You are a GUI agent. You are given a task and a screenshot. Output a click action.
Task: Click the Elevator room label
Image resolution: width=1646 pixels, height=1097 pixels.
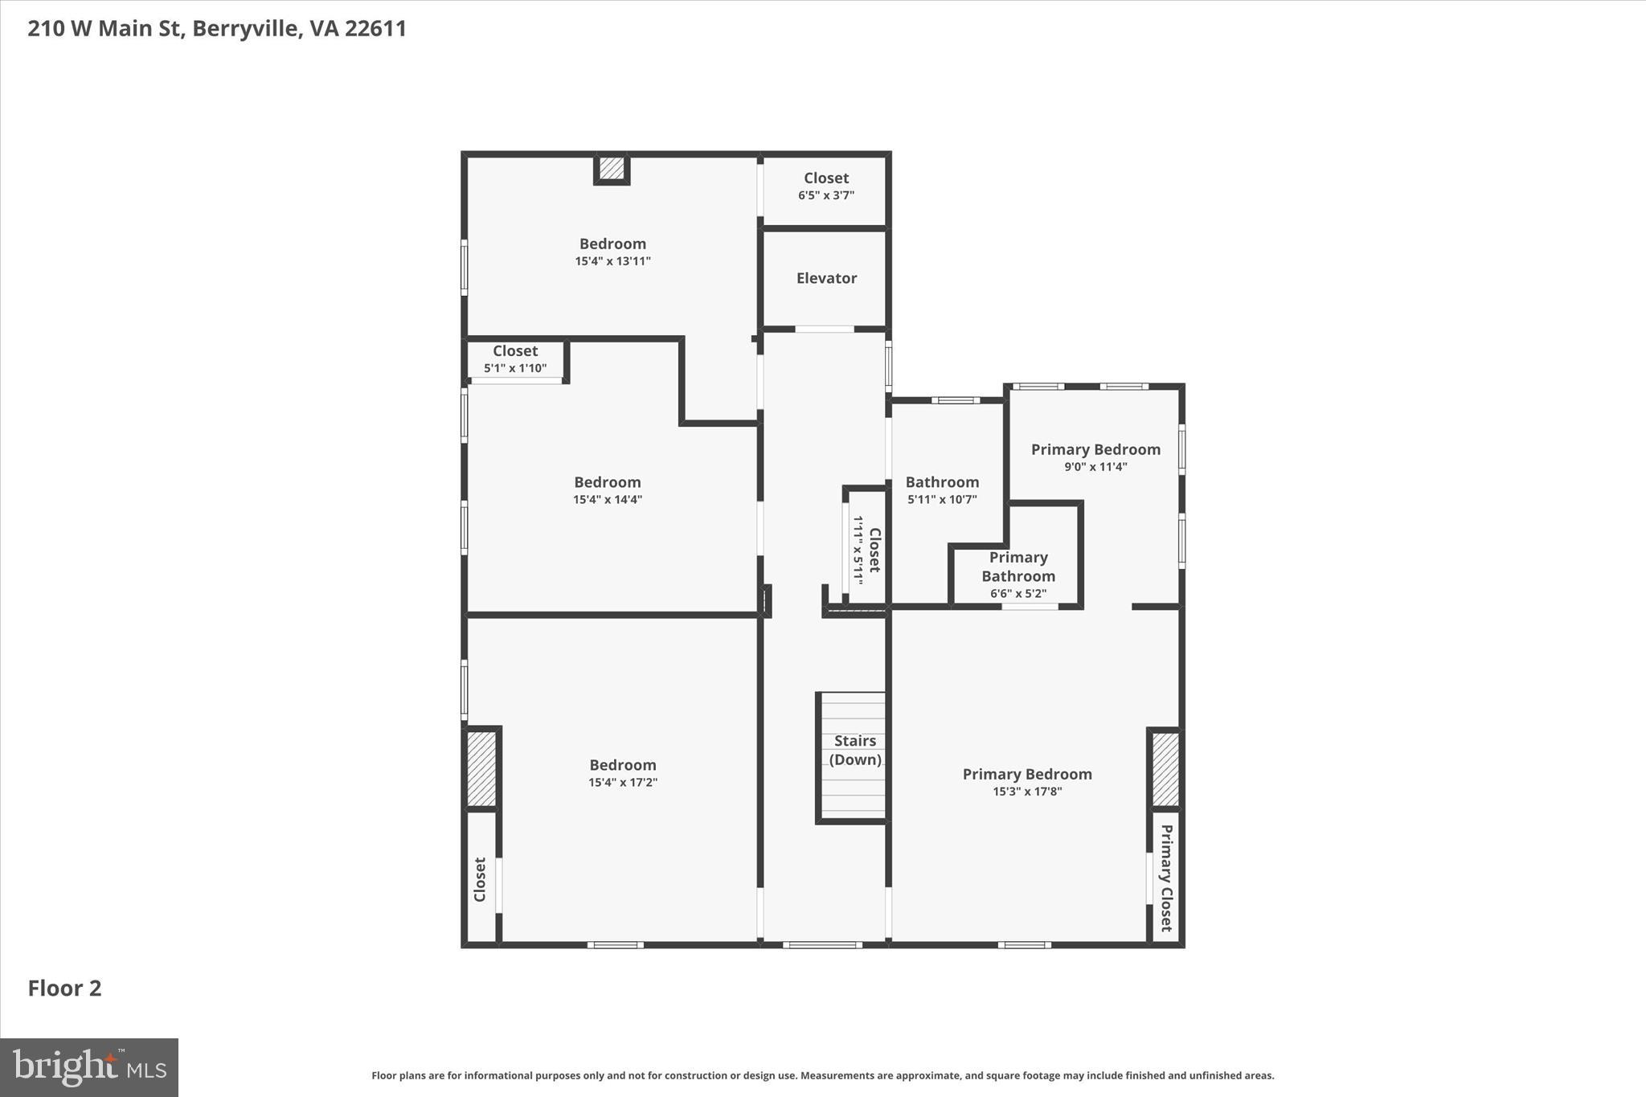click(x=826, y=278)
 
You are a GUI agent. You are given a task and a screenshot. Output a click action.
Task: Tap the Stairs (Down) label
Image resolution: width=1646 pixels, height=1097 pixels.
click(x=854, y=751)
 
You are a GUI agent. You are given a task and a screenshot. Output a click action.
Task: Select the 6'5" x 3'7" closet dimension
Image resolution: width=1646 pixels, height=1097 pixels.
click(x=825, y=195)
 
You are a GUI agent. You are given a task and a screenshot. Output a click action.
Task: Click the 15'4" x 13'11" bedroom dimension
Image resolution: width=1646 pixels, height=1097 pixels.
click(x=612, y=261)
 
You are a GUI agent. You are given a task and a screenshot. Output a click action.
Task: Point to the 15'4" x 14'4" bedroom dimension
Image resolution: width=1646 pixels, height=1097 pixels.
click(x=607, y=500)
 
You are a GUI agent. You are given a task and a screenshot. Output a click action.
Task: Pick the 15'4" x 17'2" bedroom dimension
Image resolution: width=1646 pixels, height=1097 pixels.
click(x=622, y=783)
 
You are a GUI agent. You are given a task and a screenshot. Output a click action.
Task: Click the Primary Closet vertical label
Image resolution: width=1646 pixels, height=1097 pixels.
click(x=1165, y=878)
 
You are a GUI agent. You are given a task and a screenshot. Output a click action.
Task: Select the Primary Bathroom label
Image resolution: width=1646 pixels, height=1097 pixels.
click(x=1017, y=567)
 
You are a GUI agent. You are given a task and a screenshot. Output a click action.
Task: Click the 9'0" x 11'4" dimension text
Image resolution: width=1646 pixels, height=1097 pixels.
click(x=1095, y=467)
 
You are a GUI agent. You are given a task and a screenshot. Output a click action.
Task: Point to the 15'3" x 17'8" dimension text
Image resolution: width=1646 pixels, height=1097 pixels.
click(x=1026, y=792)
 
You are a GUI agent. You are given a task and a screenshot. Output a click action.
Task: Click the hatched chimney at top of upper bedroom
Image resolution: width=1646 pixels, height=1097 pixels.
click(x=611, y=168)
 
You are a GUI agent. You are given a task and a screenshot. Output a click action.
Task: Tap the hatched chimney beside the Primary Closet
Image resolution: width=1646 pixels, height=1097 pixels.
click(x=1165, y=768)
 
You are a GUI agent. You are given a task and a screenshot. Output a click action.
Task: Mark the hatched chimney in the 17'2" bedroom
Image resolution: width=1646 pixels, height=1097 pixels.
click(x=481, y=768)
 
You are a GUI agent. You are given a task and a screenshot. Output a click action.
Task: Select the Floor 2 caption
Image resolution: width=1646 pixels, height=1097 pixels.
click(x=64, y=989)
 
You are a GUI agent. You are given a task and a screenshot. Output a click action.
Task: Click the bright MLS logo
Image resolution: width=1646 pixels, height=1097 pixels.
click(x=89, y=1067)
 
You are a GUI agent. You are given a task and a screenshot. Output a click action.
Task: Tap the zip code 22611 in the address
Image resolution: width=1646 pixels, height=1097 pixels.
click(x=375, y=29)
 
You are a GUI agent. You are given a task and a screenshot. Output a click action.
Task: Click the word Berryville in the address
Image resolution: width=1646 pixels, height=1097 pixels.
click(x=245, y=29)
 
